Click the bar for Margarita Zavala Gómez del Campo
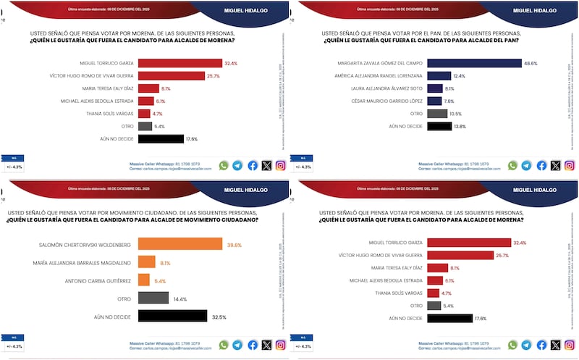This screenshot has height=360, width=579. click(474, 63)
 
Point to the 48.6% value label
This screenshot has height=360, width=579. click(531, 63)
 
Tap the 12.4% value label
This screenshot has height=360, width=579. click(460, 76)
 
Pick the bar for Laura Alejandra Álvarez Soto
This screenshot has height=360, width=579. click(435, 88)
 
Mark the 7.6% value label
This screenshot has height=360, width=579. click(449, 101)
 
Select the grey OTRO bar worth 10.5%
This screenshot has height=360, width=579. click(437, 114)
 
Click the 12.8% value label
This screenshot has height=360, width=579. click(460, 126)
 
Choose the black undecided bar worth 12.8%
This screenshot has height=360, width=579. click(439, 126)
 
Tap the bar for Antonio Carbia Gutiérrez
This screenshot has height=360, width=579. click(143, 280)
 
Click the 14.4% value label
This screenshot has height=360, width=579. click(180, 298)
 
